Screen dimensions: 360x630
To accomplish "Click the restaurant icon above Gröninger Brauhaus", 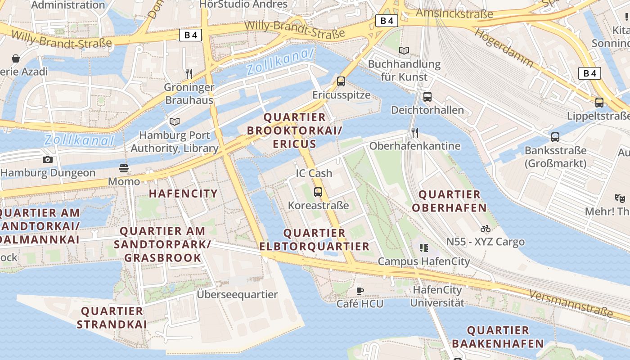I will [x=189, y=73].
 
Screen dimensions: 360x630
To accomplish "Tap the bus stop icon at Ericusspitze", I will [x=341, y=81].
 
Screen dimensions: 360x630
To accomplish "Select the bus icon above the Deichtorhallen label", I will [x=427, y=97].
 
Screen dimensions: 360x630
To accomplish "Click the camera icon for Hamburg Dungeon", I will [x=48, y=159].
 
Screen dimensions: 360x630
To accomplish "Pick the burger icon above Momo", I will [x=124, y=168].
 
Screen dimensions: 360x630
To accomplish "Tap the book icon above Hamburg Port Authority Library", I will [x=175, y=121].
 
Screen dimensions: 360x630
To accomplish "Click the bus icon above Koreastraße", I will [x=318, y=192].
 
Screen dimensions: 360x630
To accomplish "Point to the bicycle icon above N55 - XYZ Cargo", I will [x=485, y=229].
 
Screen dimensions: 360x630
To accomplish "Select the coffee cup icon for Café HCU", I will [x=360, y=291].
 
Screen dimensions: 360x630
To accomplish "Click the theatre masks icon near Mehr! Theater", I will [x=620, y=198].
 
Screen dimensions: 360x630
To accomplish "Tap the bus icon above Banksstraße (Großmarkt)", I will [x=555, y=137].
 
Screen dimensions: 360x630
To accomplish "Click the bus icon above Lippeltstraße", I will [x=599, y=103].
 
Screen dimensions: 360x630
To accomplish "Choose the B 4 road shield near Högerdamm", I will [x=589, y=73].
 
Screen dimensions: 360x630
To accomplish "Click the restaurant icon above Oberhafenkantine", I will [x=415, y=132].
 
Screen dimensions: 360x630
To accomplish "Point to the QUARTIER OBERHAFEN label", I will [x=449, y=201].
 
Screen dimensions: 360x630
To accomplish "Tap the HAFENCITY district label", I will [x=183, y=194].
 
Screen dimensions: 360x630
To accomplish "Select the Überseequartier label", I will [x=237, y=294].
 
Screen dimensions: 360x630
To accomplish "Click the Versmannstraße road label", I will [x=571, y=302].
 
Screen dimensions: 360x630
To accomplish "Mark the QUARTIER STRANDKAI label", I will [x=112, y=318].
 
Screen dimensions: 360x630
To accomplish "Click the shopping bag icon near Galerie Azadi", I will [x=16, y=58].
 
